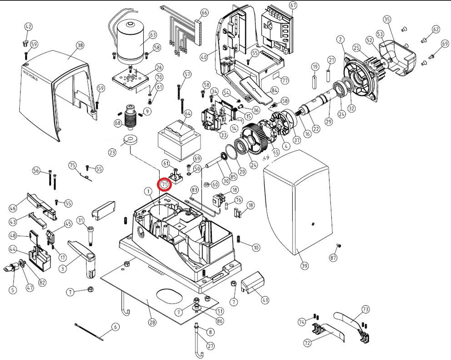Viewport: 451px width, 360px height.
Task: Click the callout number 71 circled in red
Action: (x=165, y=184)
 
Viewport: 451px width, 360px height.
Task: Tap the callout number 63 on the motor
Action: (x=153, y=34)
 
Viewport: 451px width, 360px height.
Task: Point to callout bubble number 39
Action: (x=304, y=266)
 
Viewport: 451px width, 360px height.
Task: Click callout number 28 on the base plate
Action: (x=152, y=322)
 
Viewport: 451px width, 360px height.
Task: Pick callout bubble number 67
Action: (x=293, y=6)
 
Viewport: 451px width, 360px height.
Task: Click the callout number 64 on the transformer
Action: (x=188, y=113)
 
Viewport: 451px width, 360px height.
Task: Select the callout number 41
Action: (x=265, y=300)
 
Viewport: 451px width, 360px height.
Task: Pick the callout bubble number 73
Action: (x=365, y=309)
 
